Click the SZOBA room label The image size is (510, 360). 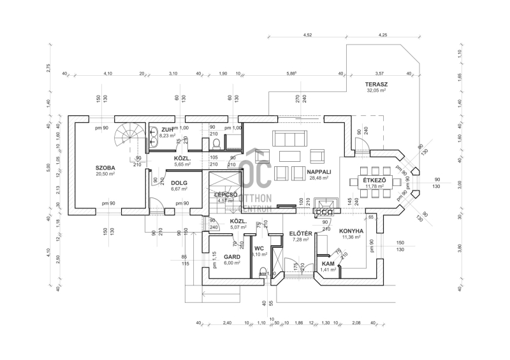105,167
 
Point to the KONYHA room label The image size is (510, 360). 351,231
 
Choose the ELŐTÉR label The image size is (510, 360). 300,233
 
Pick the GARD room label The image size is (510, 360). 231,257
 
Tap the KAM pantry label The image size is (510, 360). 328,263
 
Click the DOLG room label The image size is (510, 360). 179,183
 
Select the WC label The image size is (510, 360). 259,248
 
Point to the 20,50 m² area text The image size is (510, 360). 105,173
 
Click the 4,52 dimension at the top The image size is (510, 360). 308,35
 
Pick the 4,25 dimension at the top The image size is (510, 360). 383,35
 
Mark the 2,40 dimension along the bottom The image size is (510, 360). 228,324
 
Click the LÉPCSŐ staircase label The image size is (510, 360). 226,194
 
